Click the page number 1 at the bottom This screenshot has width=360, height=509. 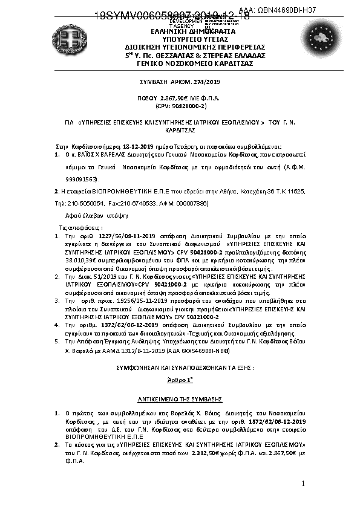303,485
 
